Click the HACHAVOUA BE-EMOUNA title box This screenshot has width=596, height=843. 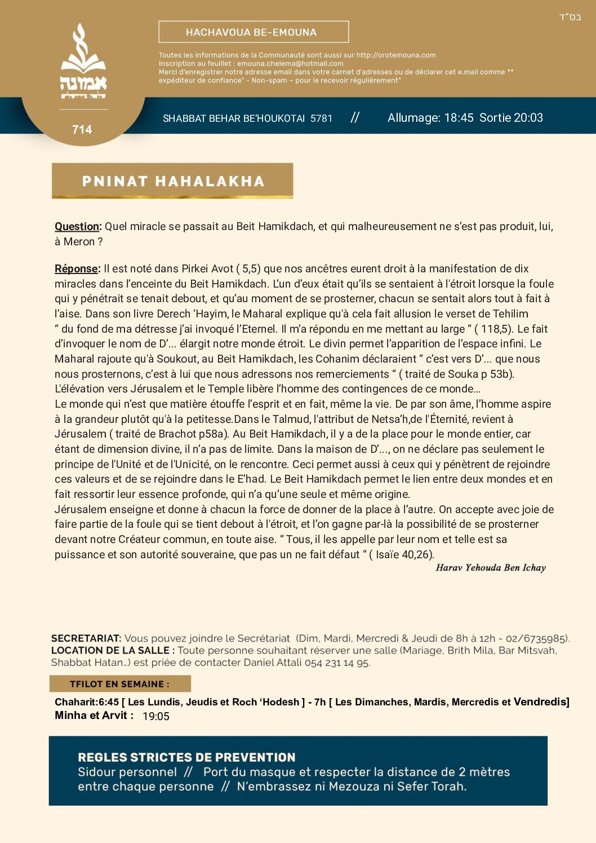(x=253, y=32)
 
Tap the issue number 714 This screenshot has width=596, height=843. (x=82, y=130)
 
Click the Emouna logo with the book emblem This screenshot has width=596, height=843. (x=83, y=62)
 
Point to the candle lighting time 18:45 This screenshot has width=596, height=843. (x=459, y=118)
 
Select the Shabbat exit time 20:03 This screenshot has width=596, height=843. (x=528, y=118)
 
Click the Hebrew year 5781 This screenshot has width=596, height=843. (x=321, y=118)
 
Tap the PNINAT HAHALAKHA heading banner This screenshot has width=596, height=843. (x=172, y=181)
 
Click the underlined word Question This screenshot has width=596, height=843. (x=77, y=227)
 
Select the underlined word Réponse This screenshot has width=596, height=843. (x=77, y=269)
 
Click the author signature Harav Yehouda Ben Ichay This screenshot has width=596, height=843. (x=491, y=568)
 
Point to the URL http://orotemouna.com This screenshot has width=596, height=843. (x=396, y=55)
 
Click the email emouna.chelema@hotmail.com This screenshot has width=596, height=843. (x=290, y=64)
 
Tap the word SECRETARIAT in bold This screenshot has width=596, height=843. (x=86, y=638)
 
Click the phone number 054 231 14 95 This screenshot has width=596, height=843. (x=337, y=663)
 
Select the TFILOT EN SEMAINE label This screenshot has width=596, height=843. (x=119, y=684)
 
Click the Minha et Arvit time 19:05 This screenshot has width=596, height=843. (x=156, y=716)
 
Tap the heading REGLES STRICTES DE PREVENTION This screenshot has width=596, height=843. (x=186, y=757)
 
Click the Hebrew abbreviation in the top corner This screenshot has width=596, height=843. (x=570, y=17)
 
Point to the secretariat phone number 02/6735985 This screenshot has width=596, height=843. (x=536, y=638)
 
